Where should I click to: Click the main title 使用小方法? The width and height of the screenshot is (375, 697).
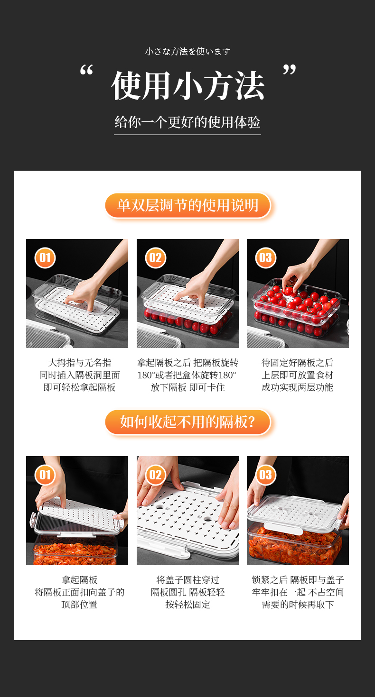pyautogui.click(x=187, y=85)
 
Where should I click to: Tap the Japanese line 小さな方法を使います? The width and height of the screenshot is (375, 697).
pyautogui.click(x=187, y=51)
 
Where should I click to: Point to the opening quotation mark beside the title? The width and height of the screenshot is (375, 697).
pyautogui.click(x=86, y=70)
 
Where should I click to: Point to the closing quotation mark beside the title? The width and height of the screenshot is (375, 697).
pyautogui.click(x=290, y=69)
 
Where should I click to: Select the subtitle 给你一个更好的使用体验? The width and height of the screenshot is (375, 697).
pyautogui.click(x=187, y=122)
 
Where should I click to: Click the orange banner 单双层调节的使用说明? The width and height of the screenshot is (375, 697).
pyautogui.click(x=188, y=205)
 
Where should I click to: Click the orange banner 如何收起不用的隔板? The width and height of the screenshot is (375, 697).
pyautogui.click(x=188, y=422)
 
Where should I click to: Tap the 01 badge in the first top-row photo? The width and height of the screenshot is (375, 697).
pyautogui.click(x=45, y=258)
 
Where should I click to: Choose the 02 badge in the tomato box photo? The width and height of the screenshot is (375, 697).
pyautogui.click(x=155, y=258)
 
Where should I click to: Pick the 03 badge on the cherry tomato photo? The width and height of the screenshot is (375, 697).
pyautogui.click(x=266, y=258)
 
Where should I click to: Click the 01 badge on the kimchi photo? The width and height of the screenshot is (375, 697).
pyautogui.click(x=45, y=475)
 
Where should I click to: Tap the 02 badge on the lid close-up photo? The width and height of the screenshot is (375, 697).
pyautogui.click(x=155, y=475)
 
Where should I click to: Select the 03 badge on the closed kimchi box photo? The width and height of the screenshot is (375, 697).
pyautogui.click(x=266, y=475)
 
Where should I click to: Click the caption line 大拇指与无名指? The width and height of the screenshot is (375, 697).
pyautogui.click(x=79, y=363)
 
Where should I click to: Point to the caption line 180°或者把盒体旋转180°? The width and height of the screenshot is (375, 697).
pyautogui.click(x=187, y=375)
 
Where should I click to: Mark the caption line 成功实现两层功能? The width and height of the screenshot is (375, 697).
pyautogui.click(x=298, y=387)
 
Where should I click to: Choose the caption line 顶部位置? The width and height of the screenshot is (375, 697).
pyautogui.click(x=79, y=605)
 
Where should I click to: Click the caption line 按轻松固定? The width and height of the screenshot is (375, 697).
pyautogui.click(x=188, y=605)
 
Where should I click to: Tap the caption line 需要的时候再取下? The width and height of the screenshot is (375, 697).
pyautogui.click(x=298, y=605)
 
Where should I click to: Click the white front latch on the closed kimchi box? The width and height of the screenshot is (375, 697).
pyautogui.click(x=283, y=529)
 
